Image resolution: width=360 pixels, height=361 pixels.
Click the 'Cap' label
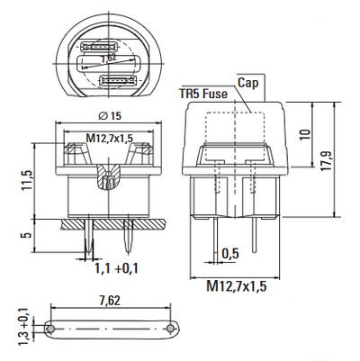coord(247,83)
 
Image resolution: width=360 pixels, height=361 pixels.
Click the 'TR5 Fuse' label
coord(203,94)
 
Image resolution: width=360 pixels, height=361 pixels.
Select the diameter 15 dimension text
coord(110,115)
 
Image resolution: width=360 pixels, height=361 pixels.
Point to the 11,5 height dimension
coord(28,180)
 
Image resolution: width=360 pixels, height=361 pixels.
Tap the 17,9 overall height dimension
coord(326,161)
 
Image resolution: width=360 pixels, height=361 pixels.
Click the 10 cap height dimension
coord(305,134)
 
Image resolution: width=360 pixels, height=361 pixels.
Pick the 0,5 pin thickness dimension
coord(230,254)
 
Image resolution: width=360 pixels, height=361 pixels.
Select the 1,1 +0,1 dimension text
coord(116,268)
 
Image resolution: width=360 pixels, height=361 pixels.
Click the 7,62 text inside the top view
coord(108,59)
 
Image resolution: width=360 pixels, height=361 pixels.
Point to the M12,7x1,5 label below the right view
coord(237,286)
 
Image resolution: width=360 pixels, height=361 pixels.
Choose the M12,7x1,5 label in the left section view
coord(110,138)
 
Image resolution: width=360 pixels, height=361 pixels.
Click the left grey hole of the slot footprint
coord(51,329)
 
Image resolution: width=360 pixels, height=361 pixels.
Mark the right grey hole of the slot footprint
coord(170,329)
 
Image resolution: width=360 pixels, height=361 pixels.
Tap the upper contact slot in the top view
coord(100,47)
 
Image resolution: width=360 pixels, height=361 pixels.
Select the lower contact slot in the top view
coord(119,80)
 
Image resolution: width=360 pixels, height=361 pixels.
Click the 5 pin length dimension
coord(28,234)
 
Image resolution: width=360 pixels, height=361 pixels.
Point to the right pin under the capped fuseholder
coord(255,235)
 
